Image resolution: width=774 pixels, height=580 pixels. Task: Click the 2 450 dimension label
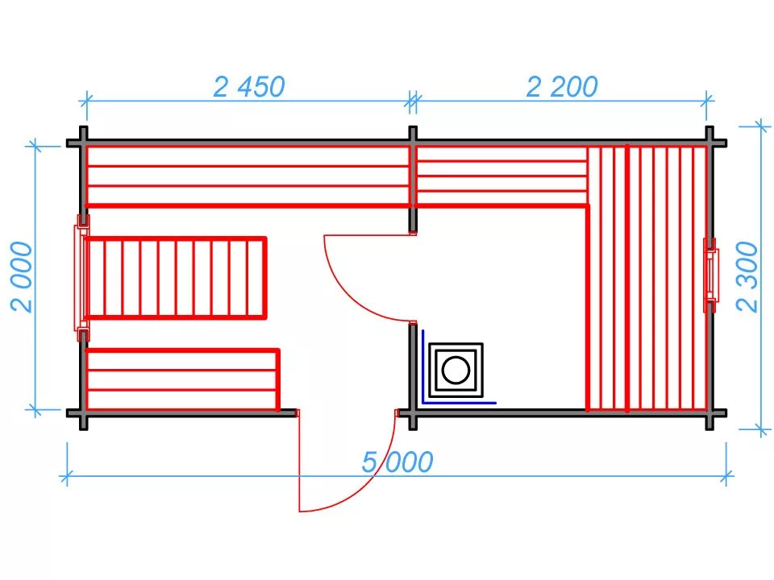pyautogui.click(x=249, y=86)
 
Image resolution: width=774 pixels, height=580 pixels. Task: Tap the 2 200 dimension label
pyautogui.click(x=562, y=86)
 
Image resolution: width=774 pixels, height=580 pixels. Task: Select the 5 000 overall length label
pyautogui.click(x=397, y=462)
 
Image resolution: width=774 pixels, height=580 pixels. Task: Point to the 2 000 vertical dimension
pyautogui.click(x=22, y=276)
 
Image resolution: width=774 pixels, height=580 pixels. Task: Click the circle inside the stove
pyautogui.click(x=456, y=371)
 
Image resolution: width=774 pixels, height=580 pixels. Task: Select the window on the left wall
pyautogui.click(x=81, y=276)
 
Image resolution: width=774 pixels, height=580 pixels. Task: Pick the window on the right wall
pyautogui.click(x=710, y=275)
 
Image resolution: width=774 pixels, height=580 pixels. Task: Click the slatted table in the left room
pyautogui.click(x=176, y=277)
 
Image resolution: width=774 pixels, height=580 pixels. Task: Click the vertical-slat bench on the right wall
pyautogui.click(x=647, y=278)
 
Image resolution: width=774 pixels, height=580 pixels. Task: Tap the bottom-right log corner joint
pyautogui.click(x=709, y=413)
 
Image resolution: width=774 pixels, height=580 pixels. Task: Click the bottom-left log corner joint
pyautogui.click(x=82, y=413)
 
